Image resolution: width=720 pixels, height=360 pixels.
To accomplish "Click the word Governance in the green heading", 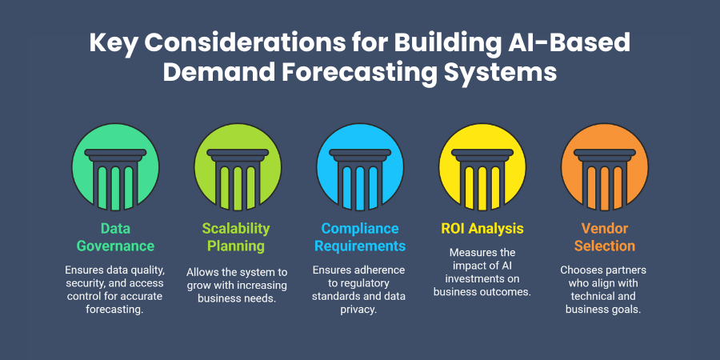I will click(116, 246).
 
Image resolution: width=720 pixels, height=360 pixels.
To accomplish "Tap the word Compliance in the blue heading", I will click(359, 228).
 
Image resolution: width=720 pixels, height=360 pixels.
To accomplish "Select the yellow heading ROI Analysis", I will click(482, 228).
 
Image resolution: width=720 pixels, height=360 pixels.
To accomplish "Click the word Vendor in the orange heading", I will click(604, 228).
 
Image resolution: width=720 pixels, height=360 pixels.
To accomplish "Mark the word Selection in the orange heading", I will click(604, 246).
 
